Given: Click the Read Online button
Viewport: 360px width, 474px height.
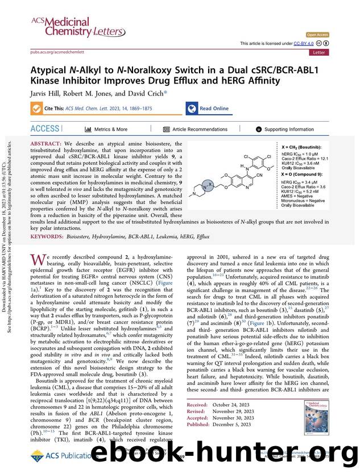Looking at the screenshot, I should [208, 109].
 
